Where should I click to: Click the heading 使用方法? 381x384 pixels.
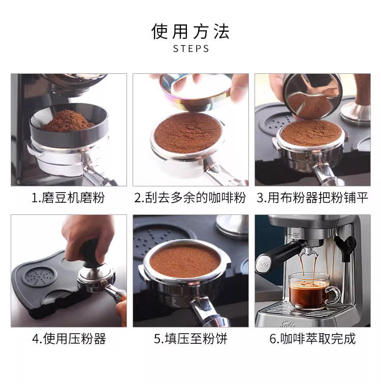click(190, 32)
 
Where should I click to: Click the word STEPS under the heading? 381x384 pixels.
click(191, 49)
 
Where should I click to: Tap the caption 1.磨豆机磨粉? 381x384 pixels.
click(69, 198)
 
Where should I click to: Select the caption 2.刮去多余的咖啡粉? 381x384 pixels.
click(190, 198)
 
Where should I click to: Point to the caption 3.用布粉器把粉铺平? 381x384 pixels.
click(312, 198)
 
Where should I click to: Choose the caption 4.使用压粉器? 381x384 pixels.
click(69, 339)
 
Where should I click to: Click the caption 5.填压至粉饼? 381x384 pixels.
click(190, 339)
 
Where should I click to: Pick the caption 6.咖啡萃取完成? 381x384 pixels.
click(312, 339)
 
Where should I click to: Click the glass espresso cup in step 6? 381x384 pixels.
click(311, 291)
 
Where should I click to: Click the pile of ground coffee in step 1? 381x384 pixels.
click(67, 121)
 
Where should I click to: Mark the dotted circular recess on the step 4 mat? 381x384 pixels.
click(40, 278)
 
